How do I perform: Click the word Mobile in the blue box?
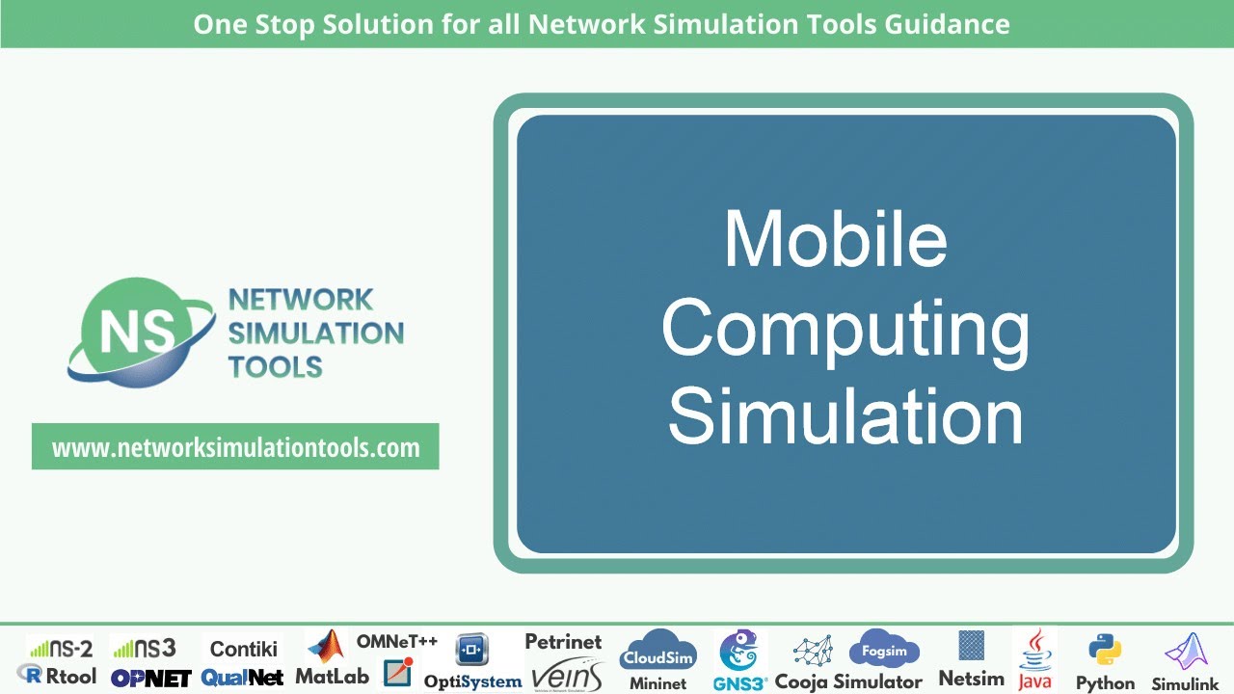pyautogui.click(x=835, y=238)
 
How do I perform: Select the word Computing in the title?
pyautogui.click(x=845, y=328)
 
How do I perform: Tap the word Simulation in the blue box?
pyautogui.click(x=845, y=415)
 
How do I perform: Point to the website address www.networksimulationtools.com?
pyautogui.click(x=235, y=447)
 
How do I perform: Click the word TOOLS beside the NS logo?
pyautogui.click(x=275, y=366)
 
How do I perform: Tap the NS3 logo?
pyautogui.click(x=144, y=648)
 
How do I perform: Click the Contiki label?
pyautogui.click(x=243, y=648)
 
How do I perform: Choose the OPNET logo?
pyautogui.click(x=150, y=678)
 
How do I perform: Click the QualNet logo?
pyautogui.click(x=242, y=678)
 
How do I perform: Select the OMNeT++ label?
pyautogui.click(x=397, y=641)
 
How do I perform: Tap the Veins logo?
pyautogui.click(x=566, y=674)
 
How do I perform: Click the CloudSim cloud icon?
pyautogui.click(x=658, y=652)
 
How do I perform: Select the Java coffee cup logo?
pyautogui.click(x=1035, y=648)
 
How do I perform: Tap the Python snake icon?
pyautogui.click(x=1104, y=651)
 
